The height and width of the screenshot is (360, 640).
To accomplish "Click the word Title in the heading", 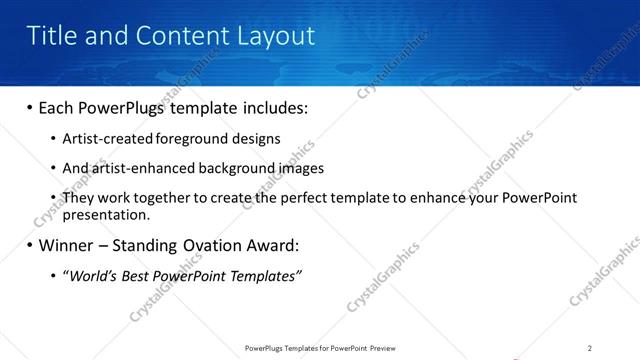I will click(x=50, y=36).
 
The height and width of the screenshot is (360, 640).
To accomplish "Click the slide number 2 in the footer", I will click(x=590, y=347).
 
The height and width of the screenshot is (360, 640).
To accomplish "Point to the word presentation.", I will click(x=106, y=214).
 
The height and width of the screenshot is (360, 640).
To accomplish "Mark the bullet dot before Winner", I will click(x=30, y=245).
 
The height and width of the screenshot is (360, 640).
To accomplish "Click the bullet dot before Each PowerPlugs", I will click(x=30, y=107).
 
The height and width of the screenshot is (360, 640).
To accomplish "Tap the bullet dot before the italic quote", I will click(x=53, y=275).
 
